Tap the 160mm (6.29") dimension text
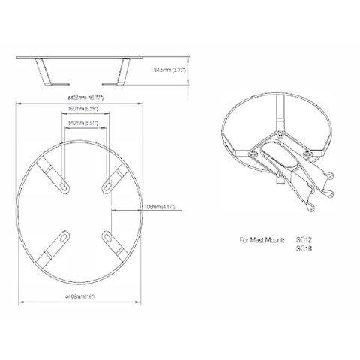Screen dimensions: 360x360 point(84,113)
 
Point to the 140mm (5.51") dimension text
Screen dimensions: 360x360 point(84,124)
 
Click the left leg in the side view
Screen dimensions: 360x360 point(44,73)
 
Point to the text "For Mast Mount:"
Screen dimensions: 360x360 point(262,241)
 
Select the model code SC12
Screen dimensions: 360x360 point(304,241)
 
